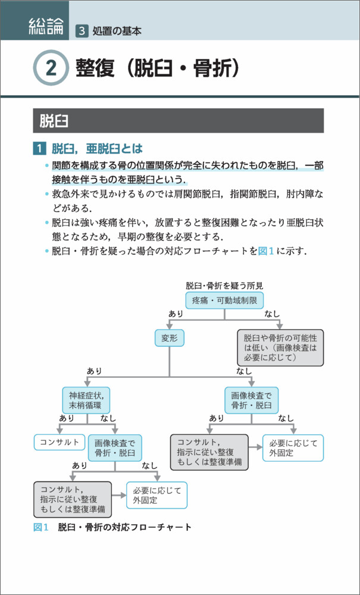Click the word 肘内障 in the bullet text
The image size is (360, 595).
pos(299,194)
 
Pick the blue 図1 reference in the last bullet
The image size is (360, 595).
pos(265,250)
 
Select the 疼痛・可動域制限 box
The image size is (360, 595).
pos(224,300)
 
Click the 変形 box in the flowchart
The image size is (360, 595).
pos(170,339)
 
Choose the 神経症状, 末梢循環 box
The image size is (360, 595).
pos(87,400)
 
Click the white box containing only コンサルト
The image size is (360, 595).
pos(59,442)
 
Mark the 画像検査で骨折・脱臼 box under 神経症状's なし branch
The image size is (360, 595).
pos(115,448)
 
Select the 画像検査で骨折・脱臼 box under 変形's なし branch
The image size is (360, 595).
pos(251,400)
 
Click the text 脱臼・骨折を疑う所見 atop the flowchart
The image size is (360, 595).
pos(224,286)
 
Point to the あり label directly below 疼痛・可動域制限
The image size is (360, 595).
pos(176,314)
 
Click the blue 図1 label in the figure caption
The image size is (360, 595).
pos(40,527)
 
